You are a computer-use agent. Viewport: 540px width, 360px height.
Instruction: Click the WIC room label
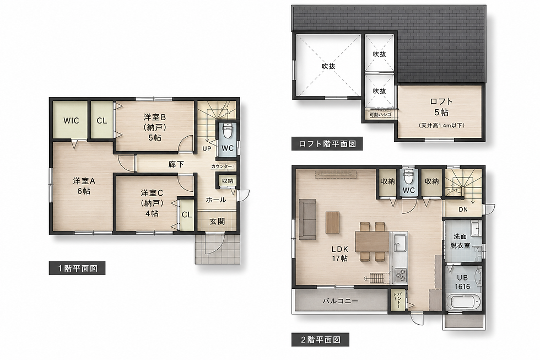coord(71,121)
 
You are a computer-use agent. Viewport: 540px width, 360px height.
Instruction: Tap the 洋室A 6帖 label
coord(84,186)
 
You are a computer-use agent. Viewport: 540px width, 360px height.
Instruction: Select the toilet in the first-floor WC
coord(227,130)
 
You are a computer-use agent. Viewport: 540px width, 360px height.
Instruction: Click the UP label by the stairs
coord(207,149)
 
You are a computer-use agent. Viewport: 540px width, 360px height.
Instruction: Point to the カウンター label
coord(222,166)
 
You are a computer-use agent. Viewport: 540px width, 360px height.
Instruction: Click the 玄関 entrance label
coord(217,222)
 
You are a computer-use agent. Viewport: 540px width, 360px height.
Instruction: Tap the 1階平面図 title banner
coord(77,268)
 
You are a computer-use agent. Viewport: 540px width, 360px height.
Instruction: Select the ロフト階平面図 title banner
coord(327,144)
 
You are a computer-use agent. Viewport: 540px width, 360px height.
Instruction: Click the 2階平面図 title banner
coord(320,340)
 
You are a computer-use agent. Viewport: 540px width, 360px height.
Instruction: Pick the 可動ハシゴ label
coord(380,114)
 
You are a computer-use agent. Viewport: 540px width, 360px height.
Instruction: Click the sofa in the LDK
coord(307,219)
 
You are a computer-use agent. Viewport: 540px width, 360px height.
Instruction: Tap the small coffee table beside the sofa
coord(333,222)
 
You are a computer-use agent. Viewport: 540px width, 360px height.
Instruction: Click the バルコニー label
coord(341,301)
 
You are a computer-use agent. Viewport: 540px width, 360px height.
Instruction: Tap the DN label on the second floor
coord(463,209)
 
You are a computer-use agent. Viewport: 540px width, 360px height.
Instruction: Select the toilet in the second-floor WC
coord(409,177)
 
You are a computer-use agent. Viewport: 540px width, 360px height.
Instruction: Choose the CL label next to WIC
coord(101,121)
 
